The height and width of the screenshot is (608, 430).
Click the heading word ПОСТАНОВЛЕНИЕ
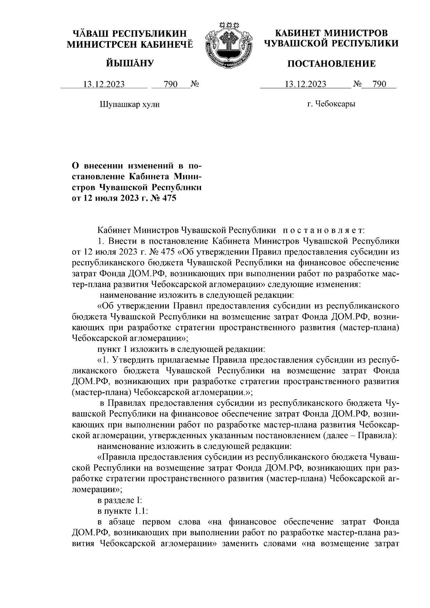pyautogui.click(x=332, y=64)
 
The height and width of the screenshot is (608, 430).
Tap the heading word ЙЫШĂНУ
pyautogui.click(x=130, y=64)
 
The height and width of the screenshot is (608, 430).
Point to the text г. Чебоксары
pyautogui.click(x=331, y=104)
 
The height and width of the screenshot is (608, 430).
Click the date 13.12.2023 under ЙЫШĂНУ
pyautogui.click(x=104, y=85)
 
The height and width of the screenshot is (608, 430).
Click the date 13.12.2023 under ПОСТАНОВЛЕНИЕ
pyautogui.click(x=305, y=85)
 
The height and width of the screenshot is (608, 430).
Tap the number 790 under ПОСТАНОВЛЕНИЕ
pyautogui.click(x=379, y=85)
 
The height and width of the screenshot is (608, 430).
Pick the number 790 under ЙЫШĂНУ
pyautogui.click(x=170, y=85)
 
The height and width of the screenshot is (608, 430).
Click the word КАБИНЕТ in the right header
pyautogui.click(x=296, y=34)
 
